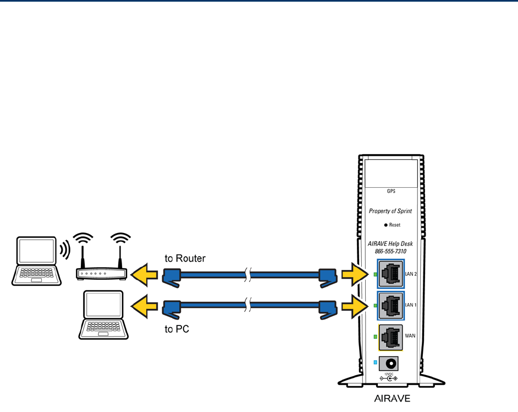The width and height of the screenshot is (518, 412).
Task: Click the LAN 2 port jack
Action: [390, 274]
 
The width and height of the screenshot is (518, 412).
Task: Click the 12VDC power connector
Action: [392, 364]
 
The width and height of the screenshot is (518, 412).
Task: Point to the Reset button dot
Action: [386, 225]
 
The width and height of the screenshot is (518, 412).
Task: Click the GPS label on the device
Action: [392, 192]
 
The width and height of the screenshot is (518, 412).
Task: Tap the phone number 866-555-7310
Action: [390, 251]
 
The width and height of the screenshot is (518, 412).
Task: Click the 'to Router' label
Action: [185, 258]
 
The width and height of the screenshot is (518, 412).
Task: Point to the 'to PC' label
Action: [177, 330]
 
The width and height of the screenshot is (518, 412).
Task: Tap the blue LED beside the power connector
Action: [376, 363]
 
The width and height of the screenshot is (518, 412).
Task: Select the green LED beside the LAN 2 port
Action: [376, 274]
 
